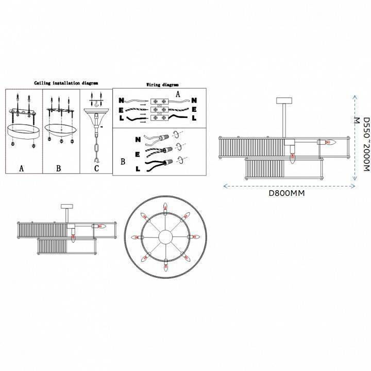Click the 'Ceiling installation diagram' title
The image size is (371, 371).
[66, 82]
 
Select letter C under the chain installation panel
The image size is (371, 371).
[96, 167]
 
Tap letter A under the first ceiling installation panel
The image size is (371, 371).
[22, 168]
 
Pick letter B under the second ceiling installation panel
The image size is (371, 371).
[58, 168]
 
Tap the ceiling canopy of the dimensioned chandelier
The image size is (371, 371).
[284, 100]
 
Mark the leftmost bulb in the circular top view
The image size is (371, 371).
[136, 237]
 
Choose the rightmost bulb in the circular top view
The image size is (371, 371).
[196, 237]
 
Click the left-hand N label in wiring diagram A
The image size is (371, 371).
[121, 101]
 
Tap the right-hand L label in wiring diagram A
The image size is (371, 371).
[193, 118]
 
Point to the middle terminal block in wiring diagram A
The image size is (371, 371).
[158, 109]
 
